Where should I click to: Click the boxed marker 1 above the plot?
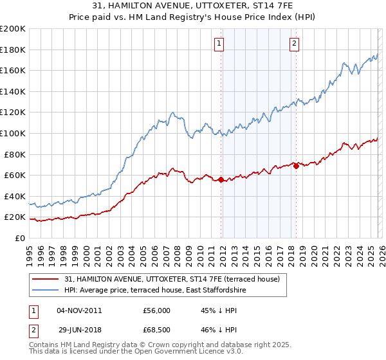(x=219, y=44)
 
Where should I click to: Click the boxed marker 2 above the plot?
(x=294, y=44)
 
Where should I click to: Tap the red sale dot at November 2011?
(x=221, y=179)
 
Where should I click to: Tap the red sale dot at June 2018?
(x=296, y=166)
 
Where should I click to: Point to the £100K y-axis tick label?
(x=13, y=133)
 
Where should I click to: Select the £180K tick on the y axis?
(x=13, y=50)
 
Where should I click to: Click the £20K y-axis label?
(x=15, y=217)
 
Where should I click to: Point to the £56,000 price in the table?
(x=157, y=309)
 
